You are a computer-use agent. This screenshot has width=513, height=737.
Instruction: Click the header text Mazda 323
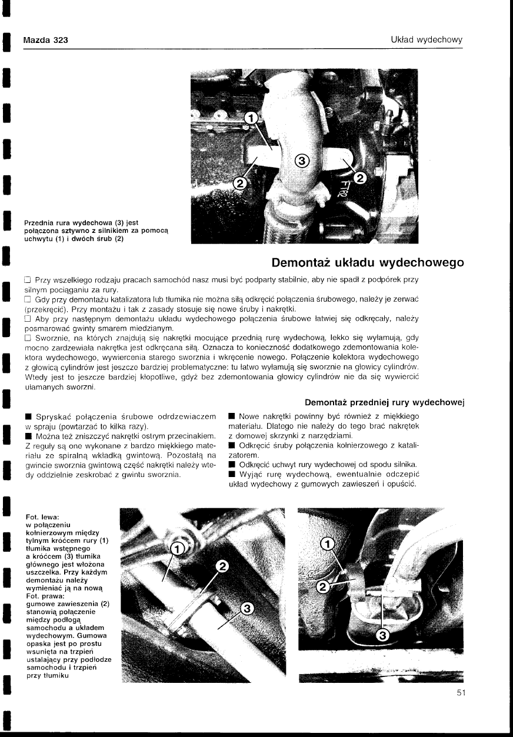click(x=45, y=40)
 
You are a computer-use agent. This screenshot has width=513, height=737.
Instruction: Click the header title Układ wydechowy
click(x=427, y=40)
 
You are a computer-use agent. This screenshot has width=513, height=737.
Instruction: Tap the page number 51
click(x=461, y=693)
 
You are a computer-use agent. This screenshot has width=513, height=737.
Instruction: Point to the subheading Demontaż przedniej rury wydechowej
click(x=385, y=402)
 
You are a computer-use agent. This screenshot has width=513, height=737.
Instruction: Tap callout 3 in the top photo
click(x=302, y=161)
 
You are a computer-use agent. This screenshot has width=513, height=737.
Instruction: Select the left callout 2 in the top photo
click(x=240, y=184)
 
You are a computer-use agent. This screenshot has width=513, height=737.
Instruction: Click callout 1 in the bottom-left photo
click(x=176, y=549)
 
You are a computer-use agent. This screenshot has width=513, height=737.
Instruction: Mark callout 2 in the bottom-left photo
click(x=222, y=566)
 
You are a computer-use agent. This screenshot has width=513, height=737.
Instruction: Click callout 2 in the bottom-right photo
click(x=323, y=586)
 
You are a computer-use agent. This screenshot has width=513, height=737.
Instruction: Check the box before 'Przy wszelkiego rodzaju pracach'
click(x=27, y=279)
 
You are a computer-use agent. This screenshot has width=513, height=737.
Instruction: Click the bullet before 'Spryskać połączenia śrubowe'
click(x=27, y=416)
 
